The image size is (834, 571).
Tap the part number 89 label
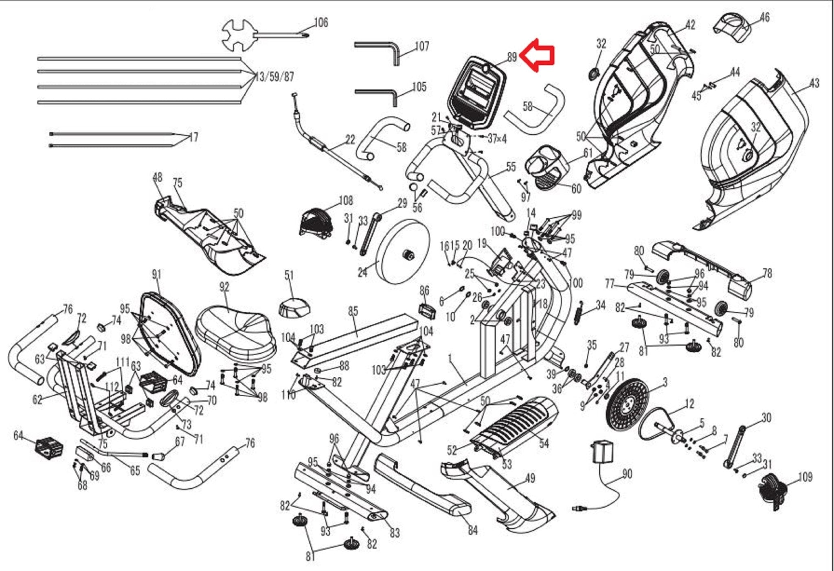point(512,57)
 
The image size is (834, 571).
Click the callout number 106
point(321,22)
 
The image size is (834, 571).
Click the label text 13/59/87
point(275,77)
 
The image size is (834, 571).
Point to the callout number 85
point(353,311)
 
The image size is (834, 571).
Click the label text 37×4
point(497,139)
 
